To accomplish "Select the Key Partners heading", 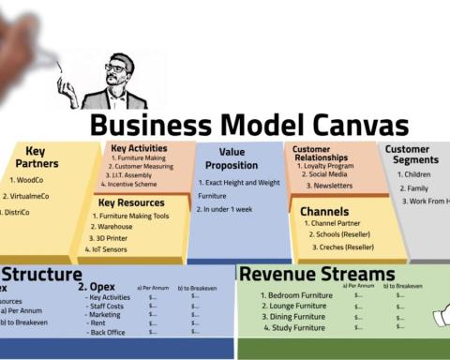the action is [x=36, y=157].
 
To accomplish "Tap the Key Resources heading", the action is [x=131, y=202].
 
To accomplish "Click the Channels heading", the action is [x=324, y=211].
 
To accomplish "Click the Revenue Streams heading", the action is [x=317, y=274].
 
